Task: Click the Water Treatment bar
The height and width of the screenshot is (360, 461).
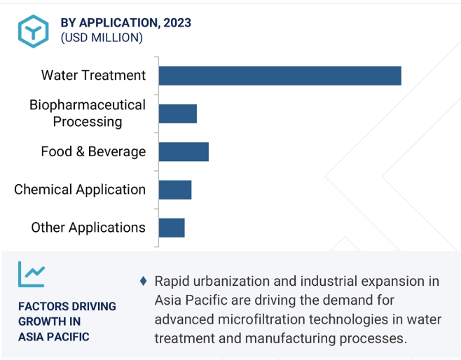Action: pos(280,76)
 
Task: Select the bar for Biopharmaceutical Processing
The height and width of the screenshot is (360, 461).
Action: pos(178,113)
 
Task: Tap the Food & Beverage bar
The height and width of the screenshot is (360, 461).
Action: pos(184,152)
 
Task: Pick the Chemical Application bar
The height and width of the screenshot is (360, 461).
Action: pos(175,190)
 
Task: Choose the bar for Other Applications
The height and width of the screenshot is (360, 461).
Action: pos(172,228)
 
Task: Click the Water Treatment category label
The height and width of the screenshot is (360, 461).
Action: pos(93,75)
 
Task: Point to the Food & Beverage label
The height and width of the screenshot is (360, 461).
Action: pos(93,152)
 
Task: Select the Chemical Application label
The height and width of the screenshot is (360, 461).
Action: pos(80,190)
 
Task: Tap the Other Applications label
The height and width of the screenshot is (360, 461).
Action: pos(88,228)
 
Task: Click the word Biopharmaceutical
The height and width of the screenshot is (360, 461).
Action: pos(88,105)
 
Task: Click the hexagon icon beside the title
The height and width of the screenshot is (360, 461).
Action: pos(33,31)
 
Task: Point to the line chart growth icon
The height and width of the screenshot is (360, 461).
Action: pos(32,274)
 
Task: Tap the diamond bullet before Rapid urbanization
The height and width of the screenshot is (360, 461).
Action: pos(143,281)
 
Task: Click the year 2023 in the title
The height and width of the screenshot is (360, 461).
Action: pos(177,22)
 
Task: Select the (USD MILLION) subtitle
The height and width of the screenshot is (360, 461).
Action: pos(102,38)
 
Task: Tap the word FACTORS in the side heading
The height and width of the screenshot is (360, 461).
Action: pos(39,307)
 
